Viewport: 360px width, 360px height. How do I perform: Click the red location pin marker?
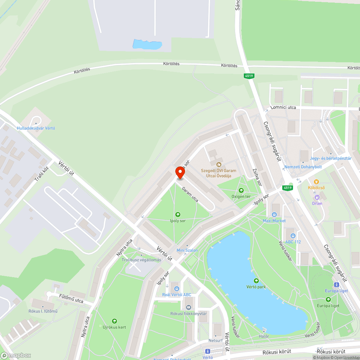(x=180, y=172)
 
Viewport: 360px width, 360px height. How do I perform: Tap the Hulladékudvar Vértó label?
(x=36, y=128)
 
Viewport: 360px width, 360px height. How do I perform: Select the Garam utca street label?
(x=190, y=194)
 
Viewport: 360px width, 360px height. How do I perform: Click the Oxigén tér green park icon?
(x=241, y=190)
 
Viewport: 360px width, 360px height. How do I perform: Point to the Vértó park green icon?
(x=256, y=280)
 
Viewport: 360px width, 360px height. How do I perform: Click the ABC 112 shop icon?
(x=293, y=235)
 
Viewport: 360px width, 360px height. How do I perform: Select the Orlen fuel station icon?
(x=317, y=197)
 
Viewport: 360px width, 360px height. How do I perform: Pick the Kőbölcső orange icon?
(x=316, y=182)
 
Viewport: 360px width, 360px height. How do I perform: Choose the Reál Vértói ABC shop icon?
(x=176, y=288)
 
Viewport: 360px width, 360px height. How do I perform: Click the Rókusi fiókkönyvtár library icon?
(x=189, y=307)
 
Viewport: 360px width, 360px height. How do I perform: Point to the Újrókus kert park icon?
(x=114, y=321)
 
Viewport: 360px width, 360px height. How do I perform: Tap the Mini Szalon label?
(x=187, y=250)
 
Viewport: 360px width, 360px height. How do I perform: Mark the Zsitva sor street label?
(x=257, y=177)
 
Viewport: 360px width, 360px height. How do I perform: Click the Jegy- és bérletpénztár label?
(x=330, y=158)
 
